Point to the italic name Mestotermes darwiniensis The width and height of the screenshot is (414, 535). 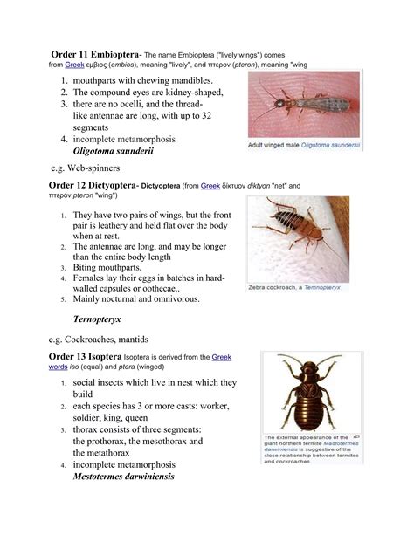pyautogui.click(x=136, y=477)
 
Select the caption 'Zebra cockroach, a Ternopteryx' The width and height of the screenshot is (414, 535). pyautogui.click(x=294, y=286)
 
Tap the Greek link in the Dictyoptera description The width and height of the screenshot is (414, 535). pyautogui.click(x=210, y=186)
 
